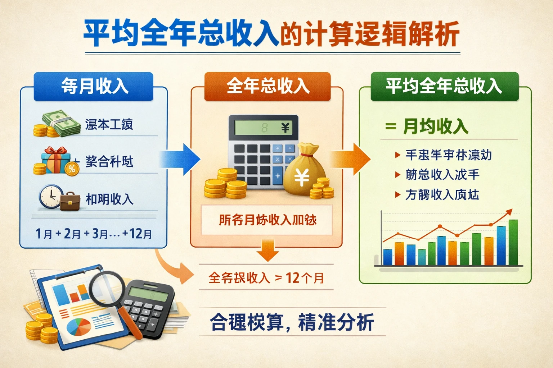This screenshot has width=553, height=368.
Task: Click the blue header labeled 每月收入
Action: tap(94, 86)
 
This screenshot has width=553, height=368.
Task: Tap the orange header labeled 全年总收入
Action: tap(267, 86)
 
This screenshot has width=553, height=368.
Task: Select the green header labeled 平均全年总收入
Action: tap(444, 86)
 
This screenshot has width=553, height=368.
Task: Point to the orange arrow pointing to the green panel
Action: tap(351, 159)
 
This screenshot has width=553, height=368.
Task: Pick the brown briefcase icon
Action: tap(70, 202)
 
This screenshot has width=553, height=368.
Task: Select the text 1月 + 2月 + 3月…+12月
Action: tap(94, 234)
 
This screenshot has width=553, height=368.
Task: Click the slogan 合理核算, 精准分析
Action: tap(292, 322)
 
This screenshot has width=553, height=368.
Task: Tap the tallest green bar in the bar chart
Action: tap(513, 243)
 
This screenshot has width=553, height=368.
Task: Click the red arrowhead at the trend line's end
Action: tap(509, 212)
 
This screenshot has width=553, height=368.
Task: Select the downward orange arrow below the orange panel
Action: tap(268, 250)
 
